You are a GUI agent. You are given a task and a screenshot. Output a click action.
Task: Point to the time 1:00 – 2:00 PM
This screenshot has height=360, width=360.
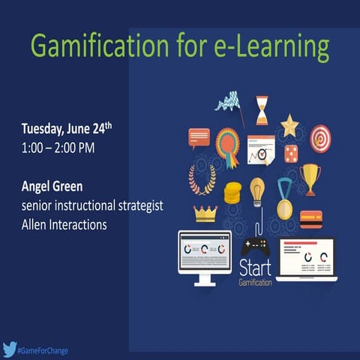tap(58, 147)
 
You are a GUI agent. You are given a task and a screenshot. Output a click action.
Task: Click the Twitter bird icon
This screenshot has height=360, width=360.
tap(10, 349)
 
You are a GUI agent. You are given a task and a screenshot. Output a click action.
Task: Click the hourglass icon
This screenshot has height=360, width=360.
tap(261, 109)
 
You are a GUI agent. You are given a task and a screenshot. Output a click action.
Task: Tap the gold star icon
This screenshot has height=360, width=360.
tap(289, 124)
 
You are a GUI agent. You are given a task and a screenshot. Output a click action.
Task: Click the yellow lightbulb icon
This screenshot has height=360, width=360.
tap(257, 190)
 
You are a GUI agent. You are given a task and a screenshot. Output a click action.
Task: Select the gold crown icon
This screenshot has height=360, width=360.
tap(205, 214)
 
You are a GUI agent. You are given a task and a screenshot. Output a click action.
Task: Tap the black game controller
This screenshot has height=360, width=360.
tap(256, 245)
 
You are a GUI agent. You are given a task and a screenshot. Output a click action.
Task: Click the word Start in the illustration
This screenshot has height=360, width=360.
tap(254, 268)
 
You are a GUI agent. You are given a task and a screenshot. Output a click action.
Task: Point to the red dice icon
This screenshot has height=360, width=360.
tap(290, 154)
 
